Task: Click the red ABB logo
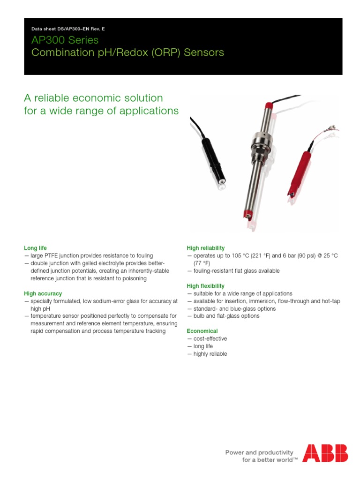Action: click(x=325, y=453)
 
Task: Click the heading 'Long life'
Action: click(x=36, y=248)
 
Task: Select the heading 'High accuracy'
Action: click(x=43, y=293)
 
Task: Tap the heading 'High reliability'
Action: click(x=206, y=248)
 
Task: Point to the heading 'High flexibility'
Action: click(x=206, y=286)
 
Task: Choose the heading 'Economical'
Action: click(x=202, y=331)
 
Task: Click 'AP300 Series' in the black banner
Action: click(x=65, y=40)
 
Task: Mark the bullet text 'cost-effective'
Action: click(x=210, y=338)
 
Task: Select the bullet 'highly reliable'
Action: click(x=210, y=354)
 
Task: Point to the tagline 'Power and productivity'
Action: click(x=259, y=452)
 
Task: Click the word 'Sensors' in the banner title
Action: click(x=204, y=52)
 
